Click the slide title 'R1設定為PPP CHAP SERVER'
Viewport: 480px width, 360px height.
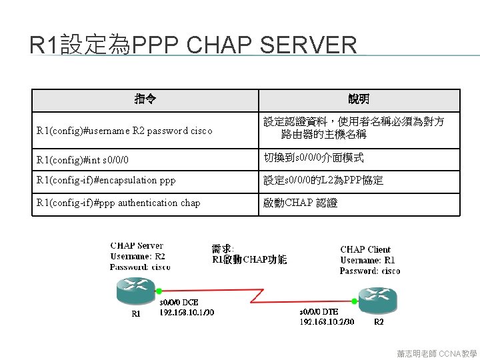point(193,45)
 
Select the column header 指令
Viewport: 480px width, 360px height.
point(145,99)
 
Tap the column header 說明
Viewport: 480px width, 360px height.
point(359,99)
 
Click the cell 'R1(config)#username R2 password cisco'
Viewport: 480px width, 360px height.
point(125,131)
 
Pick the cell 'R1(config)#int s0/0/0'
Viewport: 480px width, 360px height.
point(83,160)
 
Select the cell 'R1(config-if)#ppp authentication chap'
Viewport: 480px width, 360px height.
point(119,203)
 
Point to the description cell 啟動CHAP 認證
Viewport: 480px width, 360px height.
point(301,203)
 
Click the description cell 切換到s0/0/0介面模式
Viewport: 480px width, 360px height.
point(313,159)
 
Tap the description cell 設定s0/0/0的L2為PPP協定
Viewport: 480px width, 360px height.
point(323,180)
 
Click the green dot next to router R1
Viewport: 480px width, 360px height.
point(160,291)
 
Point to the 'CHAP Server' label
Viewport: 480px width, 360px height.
point(137,246)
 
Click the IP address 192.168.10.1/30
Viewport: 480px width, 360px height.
point(187,312)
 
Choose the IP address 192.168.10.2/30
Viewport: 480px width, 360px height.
point(327,321)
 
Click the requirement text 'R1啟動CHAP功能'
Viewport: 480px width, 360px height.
point(249,259)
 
